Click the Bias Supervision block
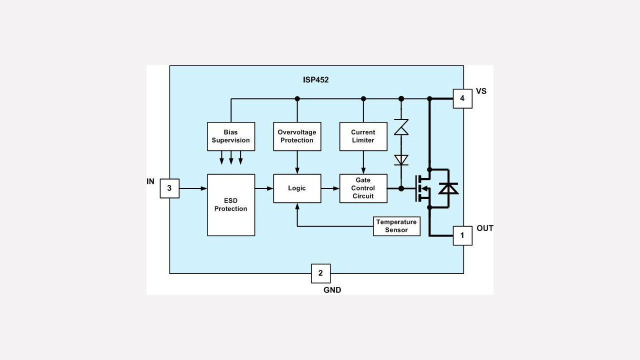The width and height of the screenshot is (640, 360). pos(231,136)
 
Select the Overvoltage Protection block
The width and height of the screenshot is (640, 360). pos(297,136)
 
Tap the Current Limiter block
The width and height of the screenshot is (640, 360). pos(363,136)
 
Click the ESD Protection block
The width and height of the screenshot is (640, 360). pos(231,205)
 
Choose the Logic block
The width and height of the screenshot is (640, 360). pos(297,188)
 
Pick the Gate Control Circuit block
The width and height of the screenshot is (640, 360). pos(363,188)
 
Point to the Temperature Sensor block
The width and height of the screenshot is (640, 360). pos(396,226)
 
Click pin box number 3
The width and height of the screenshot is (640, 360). pos(169,188)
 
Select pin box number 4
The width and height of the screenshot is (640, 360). pos(462,98)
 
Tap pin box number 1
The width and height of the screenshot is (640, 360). pos(462,235)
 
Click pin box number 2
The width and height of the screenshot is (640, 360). pos(320,273)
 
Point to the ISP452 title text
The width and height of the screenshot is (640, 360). pos(315,79)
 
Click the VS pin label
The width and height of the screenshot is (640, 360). pos(481,91)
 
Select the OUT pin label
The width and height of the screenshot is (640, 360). pos(484,228)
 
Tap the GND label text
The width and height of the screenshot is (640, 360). pos(332,290)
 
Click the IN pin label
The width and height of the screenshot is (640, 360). pos(150,181)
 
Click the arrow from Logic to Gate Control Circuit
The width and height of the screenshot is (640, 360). pos(330,188)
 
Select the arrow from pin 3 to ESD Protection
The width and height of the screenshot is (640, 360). pos(193,188)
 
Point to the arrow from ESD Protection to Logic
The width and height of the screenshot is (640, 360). pos(264,188)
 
